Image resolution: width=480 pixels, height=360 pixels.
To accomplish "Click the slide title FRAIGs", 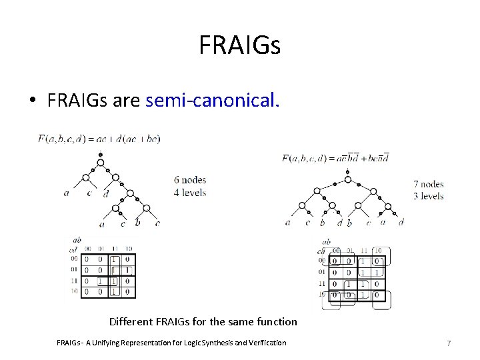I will pos(239,46).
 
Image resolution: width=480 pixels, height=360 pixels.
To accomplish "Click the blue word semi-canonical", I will pos(213,101).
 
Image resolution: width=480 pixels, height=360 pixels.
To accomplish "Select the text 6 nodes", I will pos(190,180).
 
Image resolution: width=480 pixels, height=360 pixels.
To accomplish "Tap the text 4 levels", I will pos(190,193).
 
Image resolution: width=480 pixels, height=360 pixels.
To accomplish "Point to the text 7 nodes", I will pos(428,184).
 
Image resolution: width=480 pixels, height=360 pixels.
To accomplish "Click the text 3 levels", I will pos(428,196).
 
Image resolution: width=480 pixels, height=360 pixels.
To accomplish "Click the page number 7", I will pos(449,343).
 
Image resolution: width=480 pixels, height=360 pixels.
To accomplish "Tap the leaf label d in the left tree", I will pos(105,194).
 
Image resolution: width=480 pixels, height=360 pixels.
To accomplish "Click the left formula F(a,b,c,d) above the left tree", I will pos(99,139).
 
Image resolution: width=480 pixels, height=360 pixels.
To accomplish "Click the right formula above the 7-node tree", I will pos(335,158).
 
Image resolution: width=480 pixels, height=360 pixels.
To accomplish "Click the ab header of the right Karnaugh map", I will pos(326,242).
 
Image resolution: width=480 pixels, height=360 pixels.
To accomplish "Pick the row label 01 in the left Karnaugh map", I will pos(73,270).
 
